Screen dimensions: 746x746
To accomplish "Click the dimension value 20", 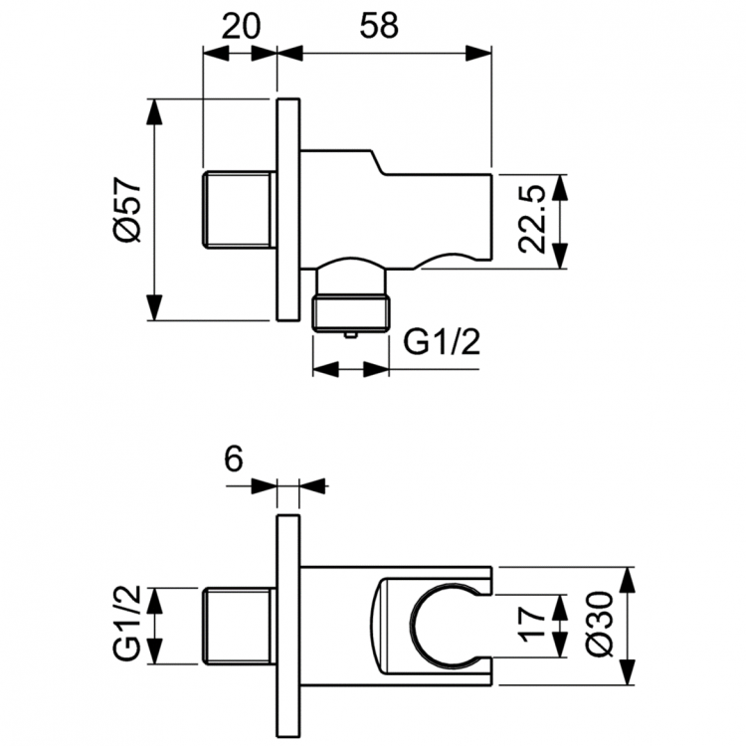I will pos(240,26).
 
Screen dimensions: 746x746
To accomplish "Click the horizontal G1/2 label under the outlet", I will pos(443,343).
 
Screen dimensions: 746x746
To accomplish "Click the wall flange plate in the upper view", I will pos(286,210).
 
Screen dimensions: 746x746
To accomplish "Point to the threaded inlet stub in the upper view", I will pos(237,210).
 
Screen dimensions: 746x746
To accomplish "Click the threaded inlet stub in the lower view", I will pos(237,629).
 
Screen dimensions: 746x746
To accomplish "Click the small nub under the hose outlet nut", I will pos(350,338).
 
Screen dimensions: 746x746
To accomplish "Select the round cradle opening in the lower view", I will pos(437,626).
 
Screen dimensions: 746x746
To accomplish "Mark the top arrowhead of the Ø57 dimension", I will pos(154,111).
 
